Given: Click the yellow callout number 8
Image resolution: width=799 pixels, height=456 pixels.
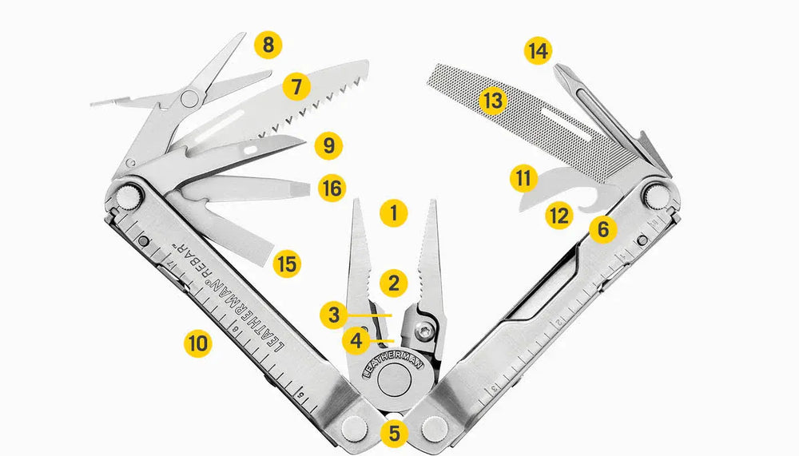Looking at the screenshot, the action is [x=268, y=45].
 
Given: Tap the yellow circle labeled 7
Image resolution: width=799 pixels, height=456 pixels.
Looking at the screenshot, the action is [x=296, y=85].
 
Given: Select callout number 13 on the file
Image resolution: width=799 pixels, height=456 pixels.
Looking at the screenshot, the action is [x=493, y=101].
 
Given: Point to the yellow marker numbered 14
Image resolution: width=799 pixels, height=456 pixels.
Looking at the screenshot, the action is [x=538, y=51].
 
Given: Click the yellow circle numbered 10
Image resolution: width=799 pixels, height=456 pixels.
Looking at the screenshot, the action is [x=197, y=343].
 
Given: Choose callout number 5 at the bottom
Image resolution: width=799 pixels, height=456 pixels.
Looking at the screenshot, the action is [x=394, y=433].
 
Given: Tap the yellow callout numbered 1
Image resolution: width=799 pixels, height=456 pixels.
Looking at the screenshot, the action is [x=393, y=212].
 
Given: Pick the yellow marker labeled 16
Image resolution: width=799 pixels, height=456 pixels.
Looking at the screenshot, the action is [x=332, y=188].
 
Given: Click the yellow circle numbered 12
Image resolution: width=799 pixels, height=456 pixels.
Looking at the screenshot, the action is [x=559, y=216].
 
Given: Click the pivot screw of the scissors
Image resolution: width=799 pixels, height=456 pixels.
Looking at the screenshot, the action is [x=189, y=97].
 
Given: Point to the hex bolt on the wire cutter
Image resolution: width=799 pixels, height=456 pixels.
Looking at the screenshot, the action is [x=424, y=331].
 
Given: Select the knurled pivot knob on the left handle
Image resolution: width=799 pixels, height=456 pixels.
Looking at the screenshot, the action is [x=128, y=197].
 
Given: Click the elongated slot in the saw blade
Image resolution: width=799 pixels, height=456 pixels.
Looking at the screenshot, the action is [x=220, y=125].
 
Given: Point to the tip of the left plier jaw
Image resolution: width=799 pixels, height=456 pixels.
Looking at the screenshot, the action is [x=356, y=200].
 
